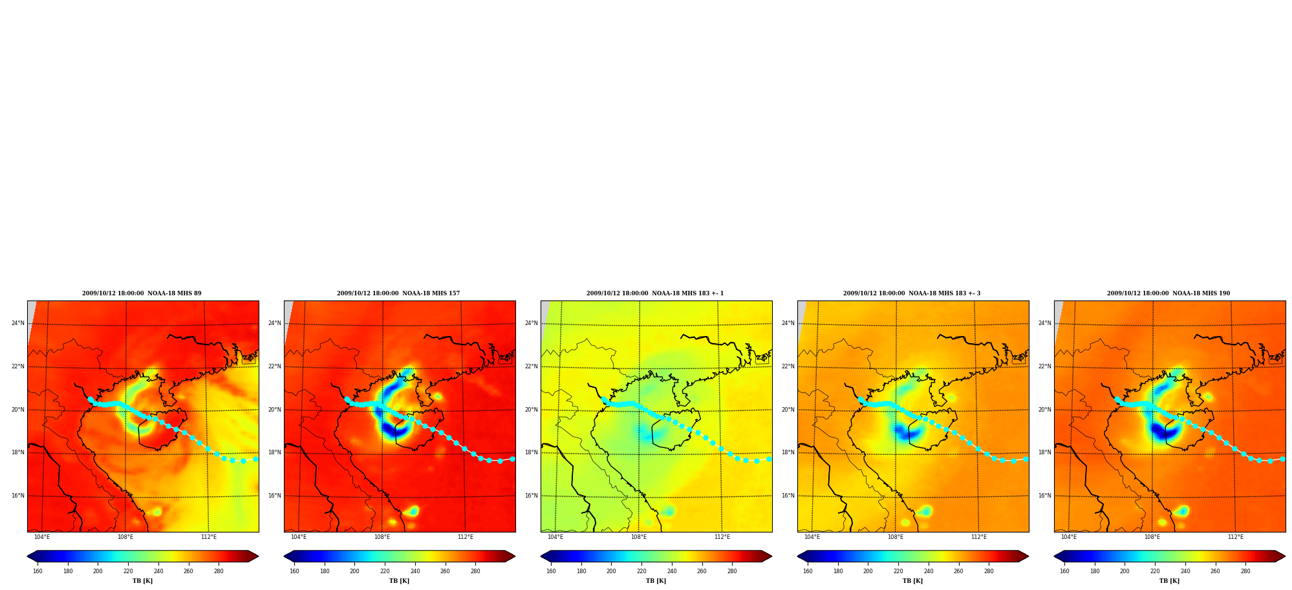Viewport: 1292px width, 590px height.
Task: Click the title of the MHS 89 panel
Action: (142, 293)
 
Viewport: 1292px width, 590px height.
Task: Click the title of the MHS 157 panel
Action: (398, 293)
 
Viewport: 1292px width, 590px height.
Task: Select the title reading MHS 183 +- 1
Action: (655, 293)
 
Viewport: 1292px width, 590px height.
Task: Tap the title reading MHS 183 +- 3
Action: (912, 293)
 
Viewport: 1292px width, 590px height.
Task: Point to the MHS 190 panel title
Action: (1168, 293)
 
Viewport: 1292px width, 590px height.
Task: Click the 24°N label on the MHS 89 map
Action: (18, 323)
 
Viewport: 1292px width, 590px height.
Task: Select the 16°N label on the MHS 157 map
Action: (275, 496)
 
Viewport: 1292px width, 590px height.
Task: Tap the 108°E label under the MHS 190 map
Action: (1152, 537)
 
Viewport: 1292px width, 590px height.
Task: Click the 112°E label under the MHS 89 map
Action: (209, 537)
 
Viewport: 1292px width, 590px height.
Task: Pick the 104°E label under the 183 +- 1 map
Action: (555, 537)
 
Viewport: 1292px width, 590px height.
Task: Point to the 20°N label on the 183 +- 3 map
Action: (788, 410)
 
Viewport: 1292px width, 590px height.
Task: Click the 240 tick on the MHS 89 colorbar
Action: (158, 571)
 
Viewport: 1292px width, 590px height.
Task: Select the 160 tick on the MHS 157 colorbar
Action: (294, 571)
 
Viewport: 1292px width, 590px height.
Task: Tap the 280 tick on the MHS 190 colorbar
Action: (1245, 571)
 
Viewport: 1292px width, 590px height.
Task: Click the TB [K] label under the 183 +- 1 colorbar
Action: (656, 581)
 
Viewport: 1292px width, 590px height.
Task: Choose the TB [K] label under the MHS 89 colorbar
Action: (142, 581)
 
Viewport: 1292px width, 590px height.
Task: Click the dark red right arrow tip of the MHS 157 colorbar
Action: (515, 556)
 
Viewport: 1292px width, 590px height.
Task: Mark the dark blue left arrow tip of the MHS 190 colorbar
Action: (1055, 556)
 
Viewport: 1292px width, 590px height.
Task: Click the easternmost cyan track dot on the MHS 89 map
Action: (255, 459)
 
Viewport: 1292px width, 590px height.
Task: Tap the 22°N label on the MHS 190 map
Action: (1045, 366)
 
